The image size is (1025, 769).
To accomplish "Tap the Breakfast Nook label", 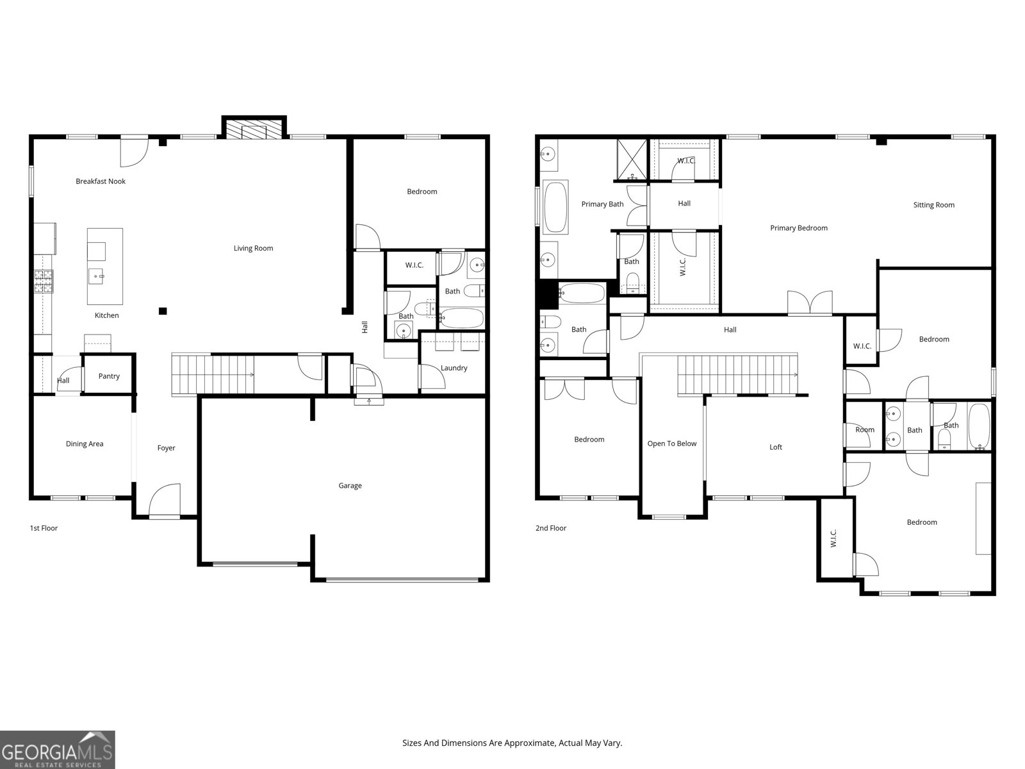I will (101, 181).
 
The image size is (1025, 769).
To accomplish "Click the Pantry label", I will (109, 376).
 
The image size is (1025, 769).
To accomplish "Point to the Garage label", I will (350, 486).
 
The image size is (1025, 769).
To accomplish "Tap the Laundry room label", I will (454, 368).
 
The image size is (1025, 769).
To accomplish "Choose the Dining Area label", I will (85, 443).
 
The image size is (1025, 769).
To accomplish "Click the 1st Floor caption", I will (44, 528).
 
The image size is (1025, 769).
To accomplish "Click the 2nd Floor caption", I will (551, 528).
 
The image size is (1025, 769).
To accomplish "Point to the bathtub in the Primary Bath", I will (555, 207).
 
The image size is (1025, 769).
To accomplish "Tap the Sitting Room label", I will (933, 205).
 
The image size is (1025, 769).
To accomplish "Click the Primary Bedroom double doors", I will (810, 303).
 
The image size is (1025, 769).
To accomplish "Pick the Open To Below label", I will (671, 443).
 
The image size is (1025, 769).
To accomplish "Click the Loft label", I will (775, 447).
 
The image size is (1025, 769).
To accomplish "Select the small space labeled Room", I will (864, 430).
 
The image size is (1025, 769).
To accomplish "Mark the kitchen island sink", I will (97, 277).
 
